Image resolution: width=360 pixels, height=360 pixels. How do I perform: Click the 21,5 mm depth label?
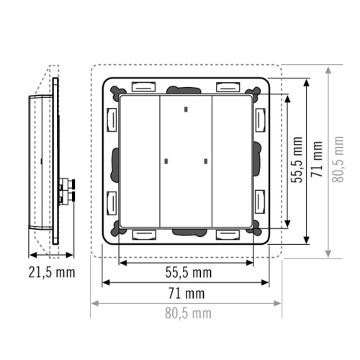pos(52,272)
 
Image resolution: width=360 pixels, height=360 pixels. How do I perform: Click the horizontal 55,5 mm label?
pos(189,272)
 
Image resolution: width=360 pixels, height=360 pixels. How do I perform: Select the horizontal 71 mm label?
pos(186,293)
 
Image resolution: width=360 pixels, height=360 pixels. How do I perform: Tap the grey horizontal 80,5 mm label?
pos(189,313)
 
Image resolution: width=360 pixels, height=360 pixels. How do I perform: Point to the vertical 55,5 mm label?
pos(297,160)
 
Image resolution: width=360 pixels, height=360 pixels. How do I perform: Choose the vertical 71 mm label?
pos(317,159)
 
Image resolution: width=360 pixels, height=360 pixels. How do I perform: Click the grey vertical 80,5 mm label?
pos(338,159)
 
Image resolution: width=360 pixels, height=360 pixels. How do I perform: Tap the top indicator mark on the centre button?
pos(186,109)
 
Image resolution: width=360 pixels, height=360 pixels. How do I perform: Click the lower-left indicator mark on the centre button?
pos(166,161)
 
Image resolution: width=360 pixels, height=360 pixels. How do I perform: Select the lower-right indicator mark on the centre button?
pos(206,161)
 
